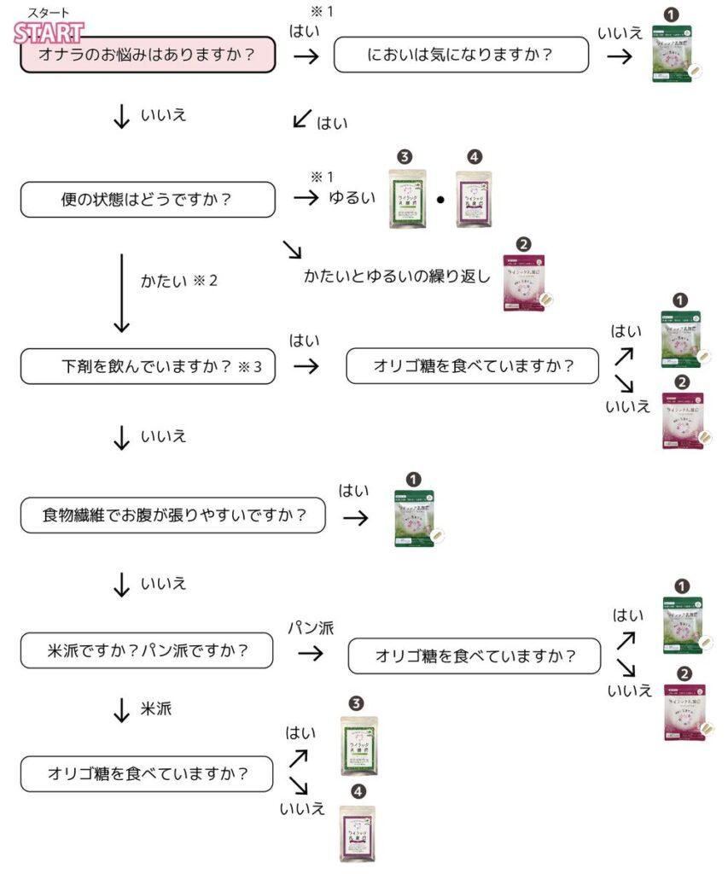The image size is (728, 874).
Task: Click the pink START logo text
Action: click(x=50, y=33)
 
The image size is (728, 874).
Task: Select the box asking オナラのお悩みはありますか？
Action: click(x=148, y=56)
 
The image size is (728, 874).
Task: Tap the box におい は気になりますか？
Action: click(x=461, y=56)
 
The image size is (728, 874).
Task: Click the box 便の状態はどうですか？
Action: click(x=148, y=200)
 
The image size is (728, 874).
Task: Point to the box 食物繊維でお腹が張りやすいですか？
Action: click(x=173, y=516)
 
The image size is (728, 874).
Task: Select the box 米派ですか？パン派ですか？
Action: click(x=148, y=651)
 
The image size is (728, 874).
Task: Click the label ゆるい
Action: click(x=351, y=198)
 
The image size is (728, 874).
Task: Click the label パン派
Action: click(x=311, y=628)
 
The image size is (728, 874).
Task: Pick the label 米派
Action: click(x=156, y=709)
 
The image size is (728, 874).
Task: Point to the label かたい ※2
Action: click(x=179, y=280)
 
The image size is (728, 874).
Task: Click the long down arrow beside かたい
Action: click(x=122, y=291)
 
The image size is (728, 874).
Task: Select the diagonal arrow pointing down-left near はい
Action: click(x=301, y=119)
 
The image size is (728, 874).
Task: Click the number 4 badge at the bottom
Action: click(x=358, y=792)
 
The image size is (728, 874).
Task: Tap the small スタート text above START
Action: click(x=49, y=13)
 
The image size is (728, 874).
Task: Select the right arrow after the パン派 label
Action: click(x=311, y=654)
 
